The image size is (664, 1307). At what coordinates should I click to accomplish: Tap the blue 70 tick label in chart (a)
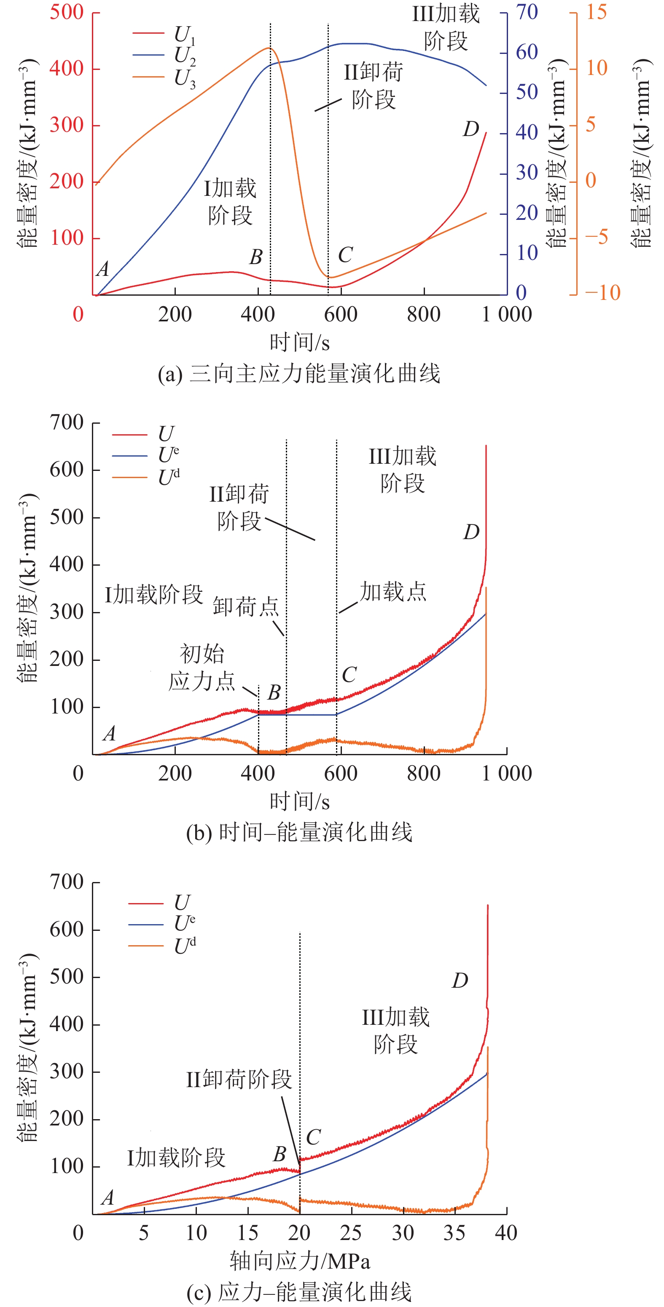(x=527, y=12)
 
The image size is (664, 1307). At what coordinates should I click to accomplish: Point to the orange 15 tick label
(x=597, y=12)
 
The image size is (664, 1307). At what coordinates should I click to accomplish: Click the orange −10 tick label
(x=602, y=293)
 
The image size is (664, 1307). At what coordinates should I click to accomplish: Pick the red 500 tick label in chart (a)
(x=67, y=12)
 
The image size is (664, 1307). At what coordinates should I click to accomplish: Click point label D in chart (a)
(x=470, y=129)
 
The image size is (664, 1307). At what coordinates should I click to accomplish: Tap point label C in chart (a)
(x=345, y=255)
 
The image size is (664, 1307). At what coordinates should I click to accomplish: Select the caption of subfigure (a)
(x=299, y=374)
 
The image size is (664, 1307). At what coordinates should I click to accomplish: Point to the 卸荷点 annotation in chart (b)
(x=246, y=606)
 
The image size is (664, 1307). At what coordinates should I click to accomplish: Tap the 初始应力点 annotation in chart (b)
(x=202, y=668)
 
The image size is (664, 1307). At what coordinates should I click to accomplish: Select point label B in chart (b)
(x=274, y=692)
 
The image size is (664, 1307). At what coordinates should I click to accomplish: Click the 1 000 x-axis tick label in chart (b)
(x=507, y=773)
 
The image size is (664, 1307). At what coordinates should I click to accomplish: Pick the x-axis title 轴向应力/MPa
(x=299, y=1261)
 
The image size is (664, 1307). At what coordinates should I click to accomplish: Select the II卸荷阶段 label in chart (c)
(x=239, y=1079)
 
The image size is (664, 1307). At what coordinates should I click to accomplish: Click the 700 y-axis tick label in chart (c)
(x=67, y=882)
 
